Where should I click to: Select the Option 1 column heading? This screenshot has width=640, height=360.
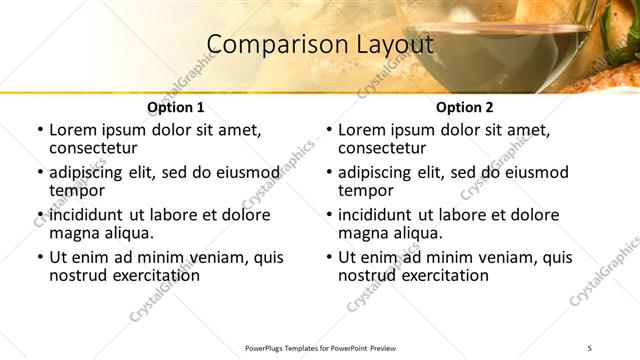tap(175, 107)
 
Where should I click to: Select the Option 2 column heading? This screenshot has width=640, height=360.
tap(464, 107)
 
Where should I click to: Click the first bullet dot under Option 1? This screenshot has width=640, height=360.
tap(40, 131)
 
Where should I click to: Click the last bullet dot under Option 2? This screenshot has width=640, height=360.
tap(329, 258)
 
